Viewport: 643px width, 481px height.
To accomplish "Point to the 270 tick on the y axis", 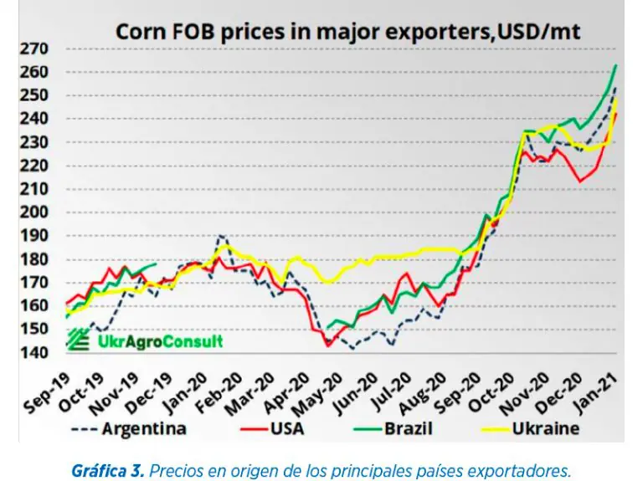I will click(x=36, y=49).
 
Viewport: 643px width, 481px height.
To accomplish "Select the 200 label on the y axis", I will click(x=36, y=212).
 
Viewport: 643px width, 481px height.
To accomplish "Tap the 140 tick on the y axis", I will click(x=36, y=353).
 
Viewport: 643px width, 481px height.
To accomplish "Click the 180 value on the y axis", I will click(x=36, y=259).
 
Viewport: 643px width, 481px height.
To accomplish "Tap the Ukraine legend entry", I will click(x=544, y=430).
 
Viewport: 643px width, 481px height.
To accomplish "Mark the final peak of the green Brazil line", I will click(x=616, y=64).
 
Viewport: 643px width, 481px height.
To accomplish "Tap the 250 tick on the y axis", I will click(x=36, y=95).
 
